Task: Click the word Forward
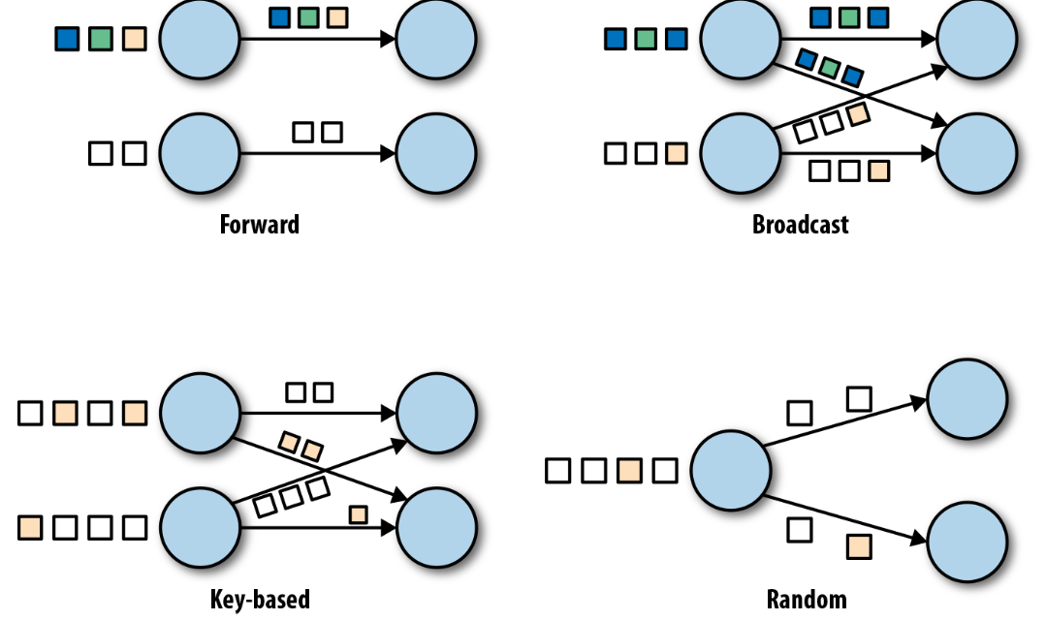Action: (260, 225)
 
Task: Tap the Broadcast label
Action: (801, 225)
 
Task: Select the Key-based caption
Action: (260, 599)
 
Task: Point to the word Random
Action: (807, 599)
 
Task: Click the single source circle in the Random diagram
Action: (731, 470)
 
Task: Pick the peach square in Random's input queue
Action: (629, 470)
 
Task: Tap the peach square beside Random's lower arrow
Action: (859, 546)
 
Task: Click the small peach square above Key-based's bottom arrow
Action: (359, 514)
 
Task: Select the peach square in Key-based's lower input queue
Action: (30, 528)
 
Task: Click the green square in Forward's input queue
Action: (100, 39)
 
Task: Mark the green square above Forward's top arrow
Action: (308, 17)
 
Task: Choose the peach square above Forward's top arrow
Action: (337, 17)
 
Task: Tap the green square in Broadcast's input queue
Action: (645, 39)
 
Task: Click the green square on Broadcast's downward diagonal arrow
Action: (829, 68)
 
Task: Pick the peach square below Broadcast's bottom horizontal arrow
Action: (878, 171)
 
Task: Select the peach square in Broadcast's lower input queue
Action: (676, 153)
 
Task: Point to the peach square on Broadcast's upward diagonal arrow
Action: (859, 114)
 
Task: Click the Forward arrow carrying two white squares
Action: (318, 153)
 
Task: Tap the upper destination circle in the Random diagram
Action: (967, 399)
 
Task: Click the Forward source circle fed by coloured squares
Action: (200, 39)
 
